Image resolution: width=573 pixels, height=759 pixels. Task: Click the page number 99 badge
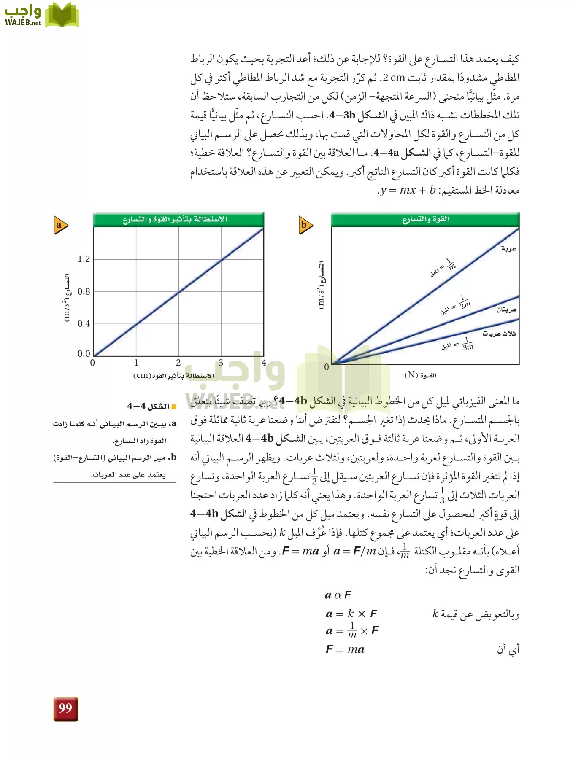click(66, 709)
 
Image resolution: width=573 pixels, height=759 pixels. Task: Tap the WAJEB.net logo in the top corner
click(41, 16)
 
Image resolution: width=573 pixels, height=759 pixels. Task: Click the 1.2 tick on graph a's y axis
click(84, 259)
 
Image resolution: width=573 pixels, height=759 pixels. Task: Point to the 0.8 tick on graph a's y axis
click(84, 291)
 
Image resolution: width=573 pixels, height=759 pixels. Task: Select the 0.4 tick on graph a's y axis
click(84, 324)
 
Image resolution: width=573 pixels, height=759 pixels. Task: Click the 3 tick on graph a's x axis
click(221, 363)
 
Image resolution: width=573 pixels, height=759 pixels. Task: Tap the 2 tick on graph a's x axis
click(178, 363)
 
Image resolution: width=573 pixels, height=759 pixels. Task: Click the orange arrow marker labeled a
click(60, 225)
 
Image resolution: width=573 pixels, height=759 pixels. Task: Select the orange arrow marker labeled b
click(305, 225)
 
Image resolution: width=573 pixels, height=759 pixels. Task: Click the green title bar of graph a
click(178, 219)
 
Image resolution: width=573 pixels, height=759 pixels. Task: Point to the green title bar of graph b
click(425, 219)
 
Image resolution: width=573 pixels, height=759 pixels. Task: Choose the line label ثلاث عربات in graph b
click(499, 334)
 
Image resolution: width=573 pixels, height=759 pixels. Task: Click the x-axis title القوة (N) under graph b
click(421, 375)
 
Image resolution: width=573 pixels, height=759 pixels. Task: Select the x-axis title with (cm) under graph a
click(174, 375)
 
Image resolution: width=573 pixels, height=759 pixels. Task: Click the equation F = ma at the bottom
click(345, 649)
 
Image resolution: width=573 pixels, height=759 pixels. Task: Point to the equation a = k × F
click(351, 614)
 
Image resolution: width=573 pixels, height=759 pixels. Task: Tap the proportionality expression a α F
click(338, 595)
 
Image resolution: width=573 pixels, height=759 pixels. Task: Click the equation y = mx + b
click(407, 190)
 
